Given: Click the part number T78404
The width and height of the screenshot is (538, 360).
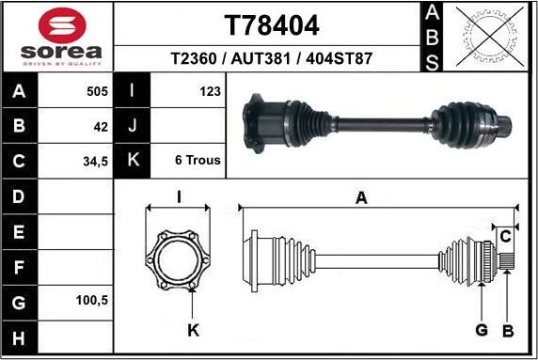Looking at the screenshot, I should (271, 24).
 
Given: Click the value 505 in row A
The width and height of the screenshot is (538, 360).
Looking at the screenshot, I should (97, 91).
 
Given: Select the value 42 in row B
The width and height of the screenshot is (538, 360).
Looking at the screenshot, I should (101, 126).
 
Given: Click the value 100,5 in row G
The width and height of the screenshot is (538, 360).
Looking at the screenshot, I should (92, 302).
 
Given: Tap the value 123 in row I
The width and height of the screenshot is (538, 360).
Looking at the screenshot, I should (210, 91).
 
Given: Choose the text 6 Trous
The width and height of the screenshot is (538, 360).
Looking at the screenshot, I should (198, 161).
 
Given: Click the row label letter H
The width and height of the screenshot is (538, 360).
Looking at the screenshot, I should (20, 337).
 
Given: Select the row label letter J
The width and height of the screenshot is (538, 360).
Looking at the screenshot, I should (133, 126).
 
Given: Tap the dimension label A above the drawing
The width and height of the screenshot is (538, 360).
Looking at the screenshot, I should (360, 197).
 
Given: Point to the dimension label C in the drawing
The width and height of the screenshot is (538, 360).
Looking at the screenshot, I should (504, 234).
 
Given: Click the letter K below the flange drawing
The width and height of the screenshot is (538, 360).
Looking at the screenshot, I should (192, 331).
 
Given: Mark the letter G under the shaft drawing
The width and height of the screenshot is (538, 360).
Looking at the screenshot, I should (481, 331).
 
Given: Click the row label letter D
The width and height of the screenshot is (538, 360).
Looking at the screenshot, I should (20, 196).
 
